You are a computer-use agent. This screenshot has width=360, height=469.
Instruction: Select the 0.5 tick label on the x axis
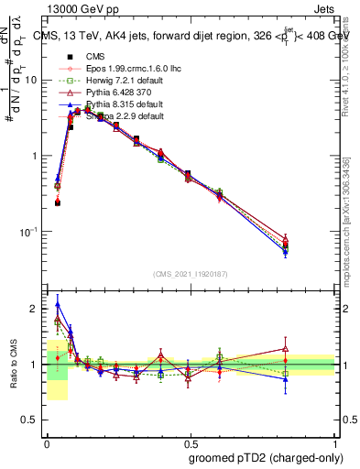[190, 441]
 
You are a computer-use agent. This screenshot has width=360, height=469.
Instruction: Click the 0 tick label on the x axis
[46, 441]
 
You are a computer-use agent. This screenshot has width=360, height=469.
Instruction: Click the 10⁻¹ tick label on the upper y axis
[27, 232]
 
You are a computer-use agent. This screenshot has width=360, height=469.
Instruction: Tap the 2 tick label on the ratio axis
[35, 309]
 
